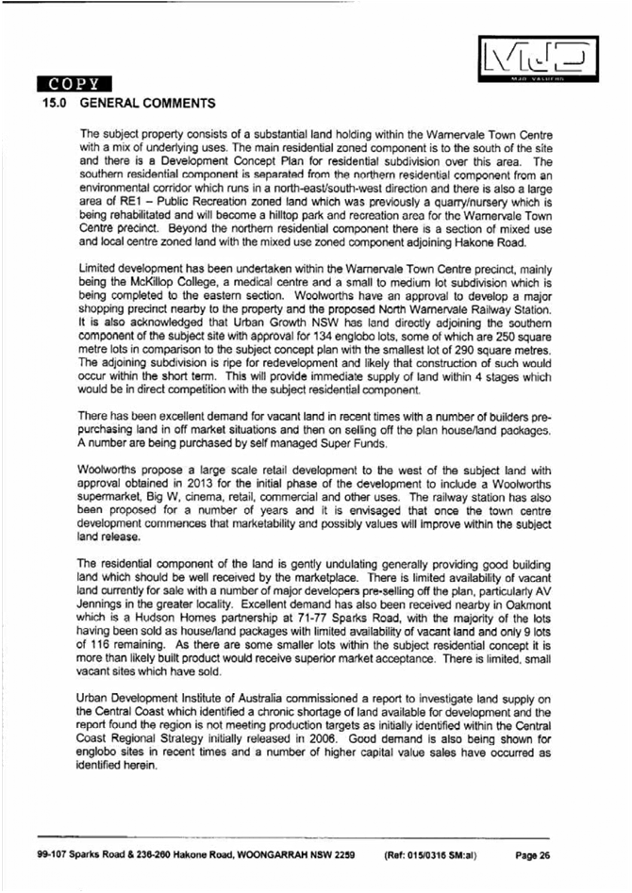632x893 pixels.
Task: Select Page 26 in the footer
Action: tap(532, 855)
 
